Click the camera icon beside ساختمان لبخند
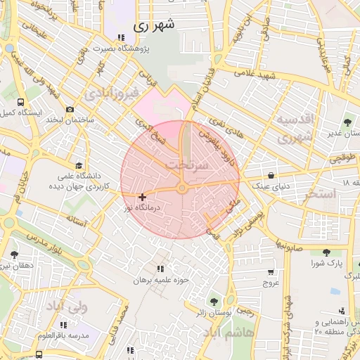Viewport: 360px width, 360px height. (70, 109)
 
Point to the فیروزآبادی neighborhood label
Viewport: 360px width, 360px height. (107, 93)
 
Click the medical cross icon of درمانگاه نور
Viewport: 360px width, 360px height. (142, 198)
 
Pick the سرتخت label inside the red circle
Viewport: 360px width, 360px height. (187, 164)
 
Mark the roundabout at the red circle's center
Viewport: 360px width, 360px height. (181, 188)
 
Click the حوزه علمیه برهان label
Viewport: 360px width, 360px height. (163, 280)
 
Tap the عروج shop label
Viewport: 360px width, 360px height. (271, 283)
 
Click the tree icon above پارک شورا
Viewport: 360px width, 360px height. (326, 252)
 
